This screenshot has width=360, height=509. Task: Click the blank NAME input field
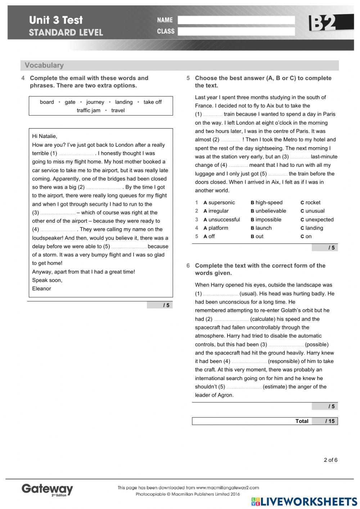coord(236,20)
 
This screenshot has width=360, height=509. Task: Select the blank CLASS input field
coord(236,32)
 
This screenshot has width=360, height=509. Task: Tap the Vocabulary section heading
coord(44,65)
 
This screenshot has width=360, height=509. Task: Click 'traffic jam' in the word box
coord(88,110)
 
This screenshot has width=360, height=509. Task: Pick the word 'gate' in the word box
coord(70,102)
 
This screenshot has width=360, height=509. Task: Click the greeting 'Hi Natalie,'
coord(45,136)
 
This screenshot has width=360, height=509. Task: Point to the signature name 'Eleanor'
coord(41,289)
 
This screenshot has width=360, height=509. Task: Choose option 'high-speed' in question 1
coord(269,202)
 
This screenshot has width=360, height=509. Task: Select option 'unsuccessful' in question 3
coord(224,219)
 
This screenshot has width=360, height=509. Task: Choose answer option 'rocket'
coord(312,202)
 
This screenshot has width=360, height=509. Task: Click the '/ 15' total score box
coord(325,421)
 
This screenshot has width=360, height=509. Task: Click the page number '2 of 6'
coord(330,460)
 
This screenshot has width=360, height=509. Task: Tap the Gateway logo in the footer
coord(47,489)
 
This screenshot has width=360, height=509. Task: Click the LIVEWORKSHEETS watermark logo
coord(305,502)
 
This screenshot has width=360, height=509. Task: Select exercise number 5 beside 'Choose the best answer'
coord(188,78)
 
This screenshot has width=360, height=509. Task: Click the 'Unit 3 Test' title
coord(56,20)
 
